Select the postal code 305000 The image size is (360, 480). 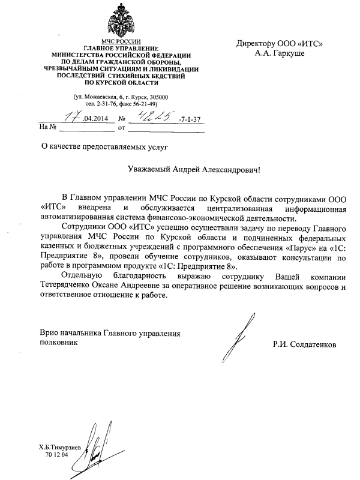pos(158,97)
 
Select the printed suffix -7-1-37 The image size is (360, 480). pos(190,119)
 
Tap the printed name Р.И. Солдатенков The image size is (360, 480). pos(304,345)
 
